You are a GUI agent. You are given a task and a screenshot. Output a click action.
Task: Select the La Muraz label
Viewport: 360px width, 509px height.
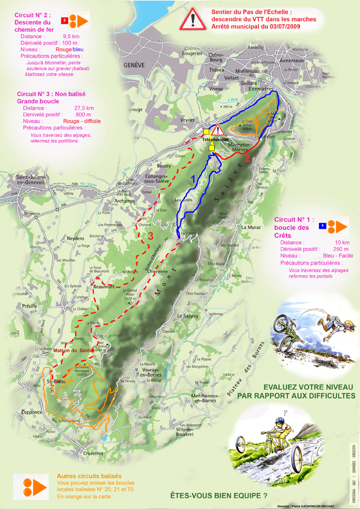pyautogui.click(x=250, y=227)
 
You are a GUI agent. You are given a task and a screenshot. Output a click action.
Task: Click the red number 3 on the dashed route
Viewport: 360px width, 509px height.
pyautogui.click(x=151, y=236)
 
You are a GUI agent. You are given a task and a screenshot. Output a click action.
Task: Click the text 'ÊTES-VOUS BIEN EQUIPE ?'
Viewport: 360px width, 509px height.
pyautogui.click(x=218, y=496)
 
